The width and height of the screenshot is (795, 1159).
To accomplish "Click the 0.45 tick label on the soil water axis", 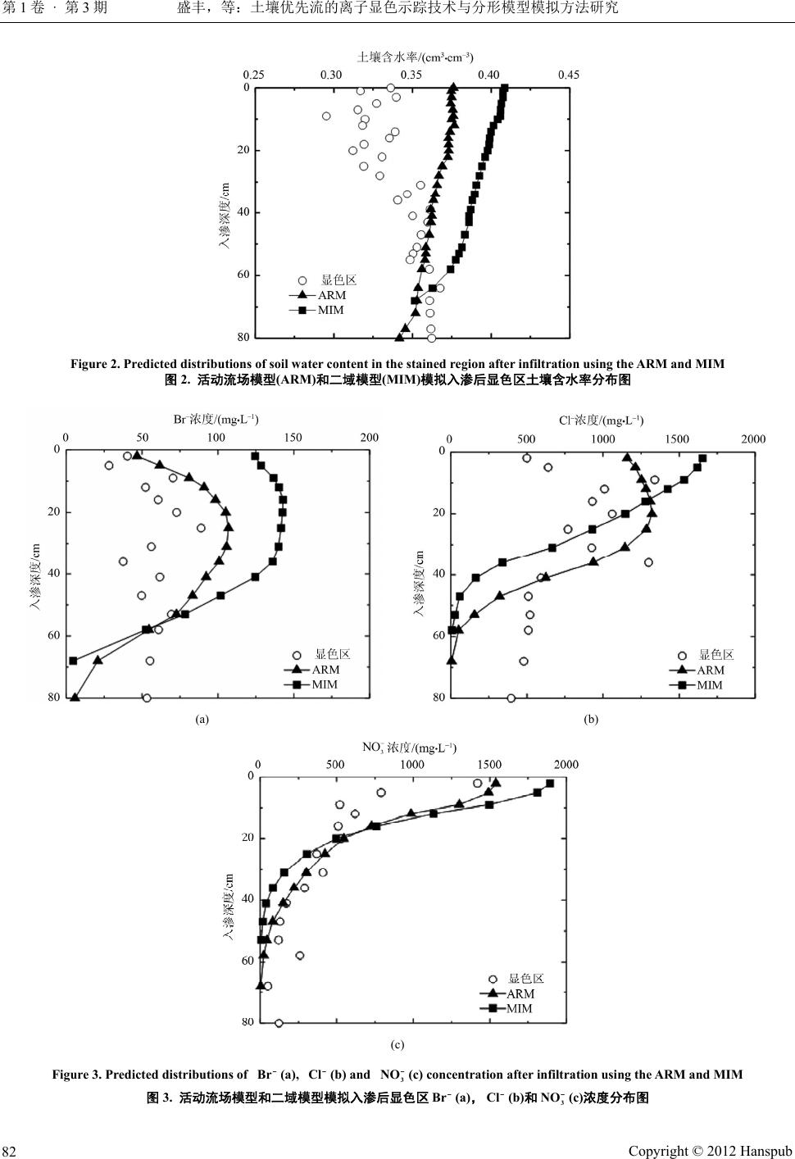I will pyautogui.click(x=568, y=75).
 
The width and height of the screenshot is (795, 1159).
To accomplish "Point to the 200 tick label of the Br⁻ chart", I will pyautogui.click(x=369, y=437).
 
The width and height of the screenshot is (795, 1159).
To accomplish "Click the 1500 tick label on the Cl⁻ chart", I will pyautogui.click(x=677, y=439).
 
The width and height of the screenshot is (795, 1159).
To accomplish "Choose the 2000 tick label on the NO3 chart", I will pyautogui.click(x=566, y=764).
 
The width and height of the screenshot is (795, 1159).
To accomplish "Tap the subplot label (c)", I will pyautogui.click(x=397, y=1044).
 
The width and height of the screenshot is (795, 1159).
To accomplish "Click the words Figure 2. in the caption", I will pyautogui.click(x=95, y=364).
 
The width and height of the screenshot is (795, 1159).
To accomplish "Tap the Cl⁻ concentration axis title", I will pyautogui.click(x=600, y=420).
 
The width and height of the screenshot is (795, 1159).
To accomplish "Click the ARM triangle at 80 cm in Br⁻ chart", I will pyautogui.click(x=75, y=698).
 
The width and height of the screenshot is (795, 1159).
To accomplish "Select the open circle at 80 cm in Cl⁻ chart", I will pyautogui.click(x=511, y=698).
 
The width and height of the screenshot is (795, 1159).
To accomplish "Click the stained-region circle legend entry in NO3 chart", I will pyautogui.click(x=525, y=979).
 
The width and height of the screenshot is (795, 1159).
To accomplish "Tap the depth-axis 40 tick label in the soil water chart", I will pyautogui.click(x=243, y=212).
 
